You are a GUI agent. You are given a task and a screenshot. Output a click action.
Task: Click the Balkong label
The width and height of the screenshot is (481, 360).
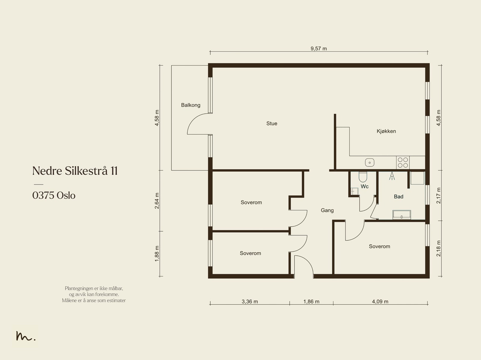[191, 105]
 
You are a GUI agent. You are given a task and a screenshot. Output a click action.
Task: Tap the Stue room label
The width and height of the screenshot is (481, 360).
[272, 124]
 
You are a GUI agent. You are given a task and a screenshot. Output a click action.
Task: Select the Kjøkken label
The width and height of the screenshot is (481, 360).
[386, 131]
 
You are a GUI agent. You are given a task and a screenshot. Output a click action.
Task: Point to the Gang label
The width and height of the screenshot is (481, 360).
[327, 210]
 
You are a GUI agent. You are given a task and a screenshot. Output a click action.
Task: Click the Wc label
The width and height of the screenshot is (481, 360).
[365, 187]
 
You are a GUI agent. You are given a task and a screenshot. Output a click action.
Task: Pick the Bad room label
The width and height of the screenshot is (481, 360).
[399, 197]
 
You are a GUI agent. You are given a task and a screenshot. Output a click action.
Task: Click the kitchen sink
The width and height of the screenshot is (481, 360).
[369, 163]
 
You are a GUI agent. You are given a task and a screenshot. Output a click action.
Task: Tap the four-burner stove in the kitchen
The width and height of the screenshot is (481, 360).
[403, 163]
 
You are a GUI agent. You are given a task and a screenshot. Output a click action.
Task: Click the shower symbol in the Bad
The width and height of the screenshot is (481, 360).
[392, 176]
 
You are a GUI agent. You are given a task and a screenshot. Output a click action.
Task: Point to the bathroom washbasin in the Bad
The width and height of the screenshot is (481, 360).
[402, 215]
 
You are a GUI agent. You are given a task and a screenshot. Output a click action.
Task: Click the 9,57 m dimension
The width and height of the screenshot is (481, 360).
[319, 49]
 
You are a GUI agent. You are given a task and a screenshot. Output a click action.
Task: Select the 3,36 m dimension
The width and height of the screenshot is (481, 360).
[250, 301]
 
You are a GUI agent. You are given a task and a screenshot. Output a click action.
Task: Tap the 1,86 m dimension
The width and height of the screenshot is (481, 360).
[311, 301]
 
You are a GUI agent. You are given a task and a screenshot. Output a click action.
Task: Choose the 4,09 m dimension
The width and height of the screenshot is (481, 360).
[380, 301]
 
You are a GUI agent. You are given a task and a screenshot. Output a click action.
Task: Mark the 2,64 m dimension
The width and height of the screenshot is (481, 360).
[157, 201]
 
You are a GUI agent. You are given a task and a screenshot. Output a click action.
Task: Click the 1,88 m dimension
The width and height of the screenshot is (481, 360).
[157, 254]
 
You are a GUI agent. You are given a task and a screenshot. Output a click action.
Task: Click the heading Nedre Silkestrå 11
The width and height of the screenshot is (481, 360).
[75, 171]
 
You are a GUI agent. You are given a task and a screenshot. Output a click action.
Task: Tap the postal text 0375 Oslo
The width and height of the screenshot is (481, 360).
[54, 195]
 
